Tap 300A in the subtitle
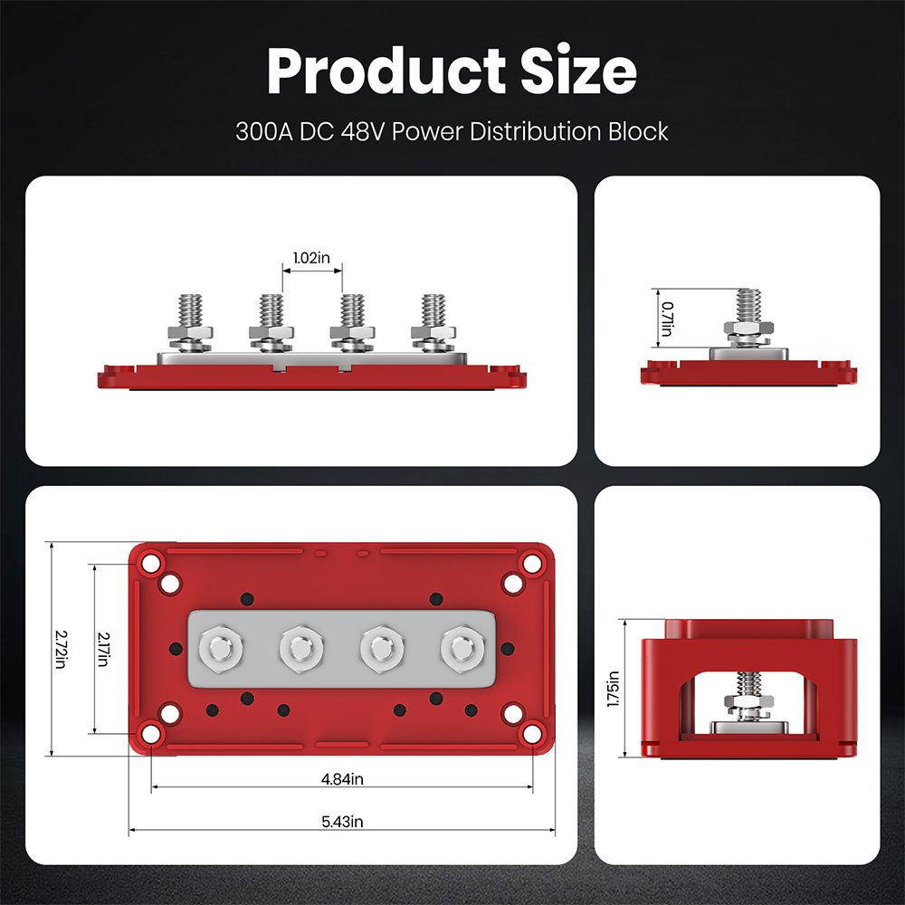tap(261, 132)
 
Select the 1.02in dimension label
tap(312, 258)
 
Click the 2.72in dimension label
tap(61, 650)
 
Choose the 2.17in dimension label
tap(102, 650)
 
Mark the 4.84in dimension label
tap(343, 778)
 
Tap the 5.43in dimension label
tap(343, 822)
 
